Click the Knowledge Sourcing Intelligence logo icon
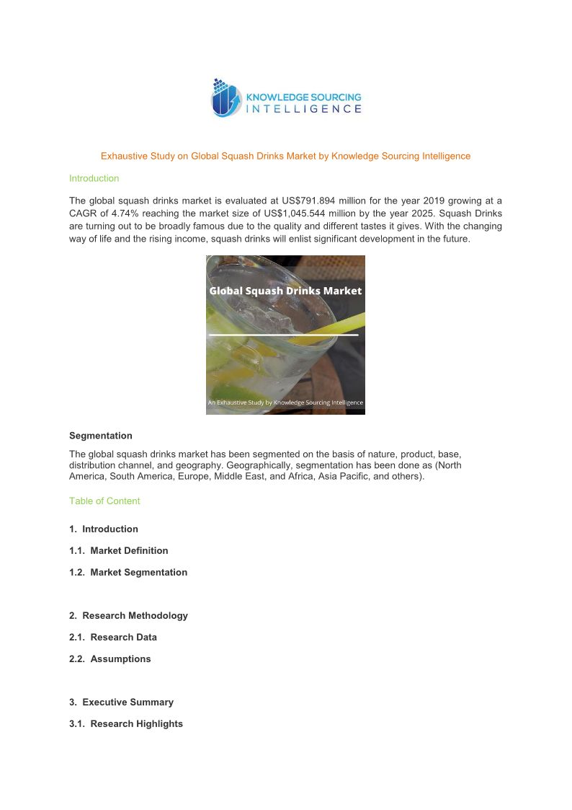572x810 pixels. pyautogui.click(x=226, y=98)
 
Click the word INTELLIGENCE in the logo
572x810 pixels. pyautogui.click(x=304, y=109)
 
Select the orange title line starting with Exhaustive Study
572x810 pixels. pyautogui.click(x=285, y=156)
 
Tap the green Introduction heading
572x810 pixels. pyautogui.click(x=94, y=178)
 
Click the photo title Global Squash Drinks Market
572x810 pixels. pyautogui.click(x=285, y=291)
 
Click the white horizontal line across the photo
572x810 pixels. pyautogui.click(x=283, y=335)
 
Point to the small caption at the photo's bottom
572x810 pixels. pyautogui.click(x=285, y=402)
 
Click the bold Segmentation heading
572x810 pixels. pyautogui.click(x=101, y=436)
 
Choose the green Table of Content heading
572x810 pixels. pyautogui.click(x=104, y=501)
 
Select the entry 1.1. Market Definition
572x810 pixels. pyautogui.click(x=119, y=550)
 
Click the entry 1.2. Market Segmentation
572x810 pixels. pyautogui.click(x=128, y=572)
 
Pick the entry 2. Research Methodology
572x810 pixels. pyautogui.click(x=128, y=615)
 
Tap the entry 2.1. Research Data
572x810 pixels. pyautogui.click(x=113, y=637)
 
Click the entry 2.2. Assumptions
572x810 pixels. pyautogui.click(x=110, y=659)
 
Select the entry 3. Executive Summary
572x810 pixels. pyautogui.click(x=121, y=702)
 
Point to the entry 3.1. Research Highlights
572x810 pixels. pyautogui.click(x=126, y=723)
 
